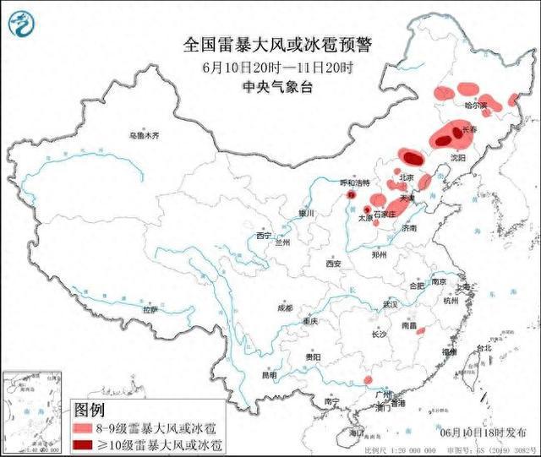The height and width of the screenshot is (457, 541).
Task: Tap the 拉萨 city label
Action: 150,310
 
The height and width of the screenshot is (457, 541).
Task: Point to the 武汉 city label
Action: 389,303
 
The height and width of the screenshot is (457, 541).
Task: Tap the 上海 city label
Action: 462,287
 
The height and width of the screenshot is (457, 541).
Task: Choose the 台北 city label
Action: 483,348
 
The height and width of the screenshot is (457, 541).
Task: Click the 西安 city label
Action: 331,264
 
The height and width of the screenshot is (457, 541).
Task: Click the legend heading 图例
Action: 91,410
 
